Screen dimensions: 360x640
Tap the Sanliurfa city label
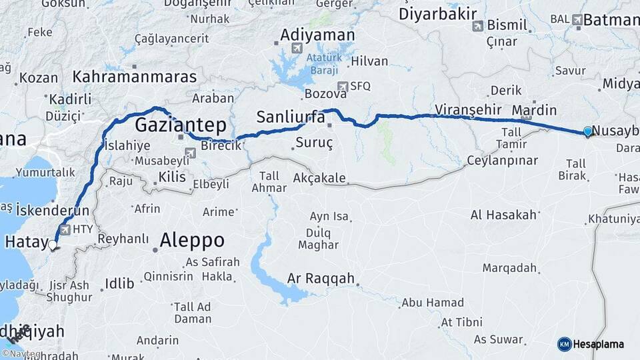click(291, 118)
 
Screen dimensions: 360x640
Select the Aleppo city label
click(192, 241)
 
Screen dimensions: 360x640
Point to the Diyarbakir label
click(437, 14)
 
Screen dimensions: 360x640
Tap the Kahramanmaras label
click(135, 77)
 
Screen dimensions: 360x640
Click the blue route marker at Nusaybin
click(587, 131)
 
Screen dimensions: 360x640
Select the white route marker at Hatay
click(53, 245)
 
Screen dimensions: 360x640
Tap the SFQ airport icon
click(342, 86)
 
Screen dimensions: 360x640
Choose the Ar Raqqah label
click(321, 279)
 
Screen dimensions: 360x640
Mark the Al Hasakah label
click(503, 215)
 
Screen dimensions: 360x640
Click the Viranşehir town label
click(467, 109)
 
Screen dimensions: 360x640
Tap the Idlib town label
click(119, 284)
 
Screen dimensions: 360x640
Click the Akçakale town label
click(319, 178)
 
